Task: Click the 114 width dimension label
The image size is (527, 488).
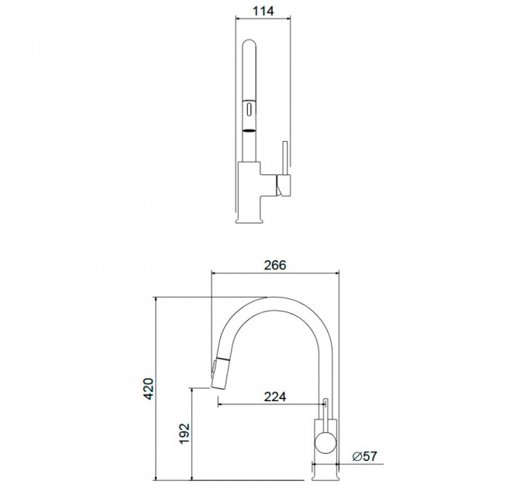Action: click(x=263, y=11)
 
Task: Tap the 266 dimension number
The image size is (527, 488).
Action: click(x=275, y=265)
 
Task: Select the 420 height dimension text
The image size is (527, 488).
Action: click(x=148, y=389)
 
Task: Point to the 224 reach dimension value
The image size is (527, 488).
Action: click(x=275, y=397)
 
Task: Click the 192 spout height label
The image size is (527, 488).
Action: click(x=184, y=434)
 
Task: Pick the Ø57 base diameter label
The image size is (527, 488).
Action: click(x=365, y=456)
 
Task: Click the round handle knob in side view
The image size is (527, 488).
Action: click(x=325, y=442)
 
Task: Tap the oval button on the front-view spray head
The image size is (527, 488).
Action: click(x=250, y=109)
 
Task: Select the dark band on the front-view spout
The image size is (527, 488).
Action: click(x=250, y=131)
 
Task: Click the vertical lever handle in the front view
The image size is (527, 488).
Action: click(x=285, y=158)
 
